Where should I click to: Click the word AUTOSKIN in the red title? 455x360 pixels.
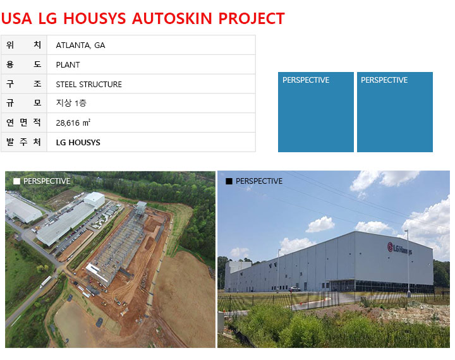(x=172, y=18)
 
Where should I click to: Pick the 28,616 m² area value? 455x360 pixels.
(x=73, y=123)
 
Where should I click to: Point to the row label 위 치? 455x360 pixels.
(x=24, y=45)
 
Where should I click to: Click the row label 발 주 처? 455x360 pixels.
(x=24, y=142)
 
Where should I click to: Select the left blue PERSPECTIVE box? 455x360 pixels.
(x=316, y=112)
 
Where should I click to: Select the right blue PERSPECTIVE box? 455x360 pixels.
(x=394, y=112)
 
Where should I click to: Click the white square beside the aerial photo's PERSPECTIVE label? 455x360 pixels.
(x=16, y=181)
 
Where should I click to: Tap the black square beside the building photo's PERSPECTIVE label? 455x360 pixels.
(x=229, y=181)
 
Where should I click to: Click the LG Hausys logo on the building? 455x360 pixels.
(x=399, y=248)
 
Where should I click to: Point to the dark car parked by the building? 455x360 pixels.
(x=294, y=289)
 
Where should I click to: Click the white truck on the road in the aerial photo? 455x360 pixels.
(x=45, y=282)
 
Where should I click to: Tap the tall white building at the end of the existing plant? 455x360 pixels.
(x=95, y=200)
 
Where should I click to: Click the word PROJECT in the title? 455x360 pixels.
(x=252, y=18)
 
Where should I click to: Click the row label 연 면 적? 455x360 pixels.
(x=24, y=123)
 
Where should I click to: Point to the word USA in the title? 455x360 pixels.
(x=16, y=18)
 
